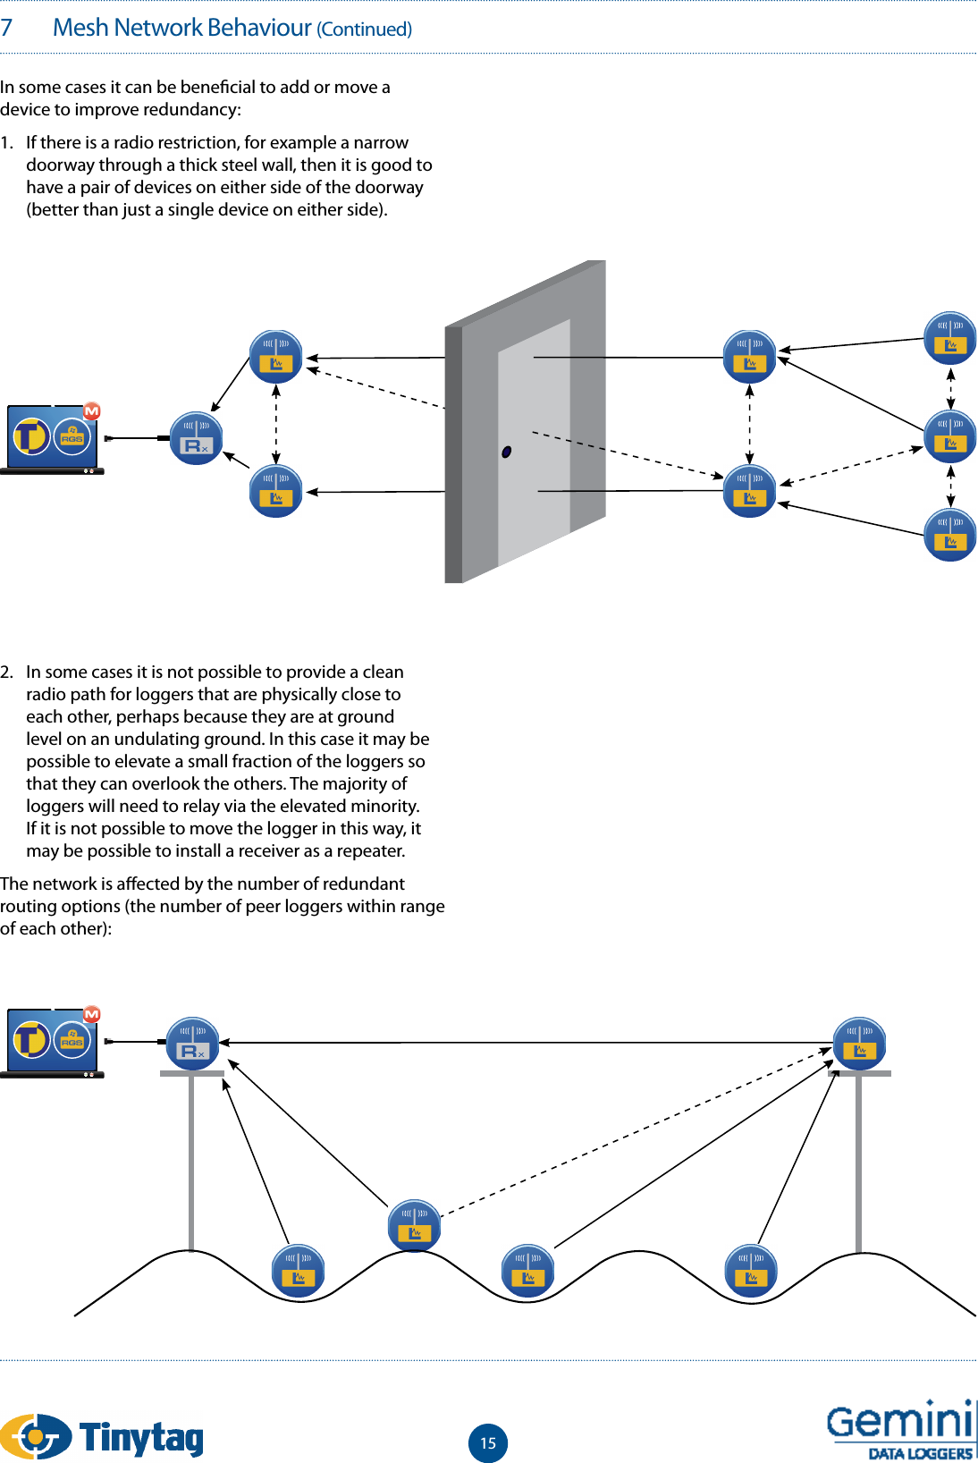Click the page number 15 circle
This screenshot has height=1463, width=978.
pos(488,1442)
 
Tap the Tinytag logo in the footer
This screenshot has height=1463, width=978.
pos(102,1436)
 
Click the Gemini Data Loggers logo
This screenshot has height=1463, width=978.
pos(900,1431)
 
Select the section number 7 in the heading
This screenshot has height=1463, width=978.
pos(7,28)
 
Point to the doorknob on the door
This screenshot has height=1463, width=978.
pos(506,452)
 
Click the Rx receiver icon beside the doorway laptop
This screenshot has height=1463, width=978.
pos(196,438)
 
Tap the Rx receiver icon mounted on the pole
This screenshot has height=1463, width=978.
pos(193,1043)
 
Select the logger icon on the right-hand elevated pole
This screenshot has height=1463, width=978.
pos(859,1043)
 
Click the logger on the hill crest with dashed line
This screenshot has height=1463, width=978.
pos(414,1225)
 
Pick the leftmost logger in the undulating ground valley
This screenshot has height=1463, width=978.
pos(298,1270)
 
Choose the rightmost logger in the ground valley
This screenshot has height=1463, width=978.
pos(750,1270)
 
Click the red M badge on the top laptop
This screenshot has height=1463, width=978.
pos(91,411)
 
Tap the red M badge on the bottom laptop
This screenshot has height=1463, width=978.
pos(91,1014)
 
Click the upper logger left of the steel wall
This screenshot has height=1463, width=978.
pos(275,356)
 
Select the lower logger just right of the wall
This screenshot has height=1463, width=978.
pos(749,491)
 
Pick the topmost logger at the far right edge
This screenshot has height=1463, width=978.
pos(949,338)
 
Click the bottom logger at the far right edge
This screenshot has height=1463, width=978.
pos(949,535)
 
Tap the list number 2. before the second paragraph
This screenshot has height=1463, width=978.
pos(7,672)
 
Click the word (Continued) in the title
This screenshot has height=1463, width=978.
pos(365,30)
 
